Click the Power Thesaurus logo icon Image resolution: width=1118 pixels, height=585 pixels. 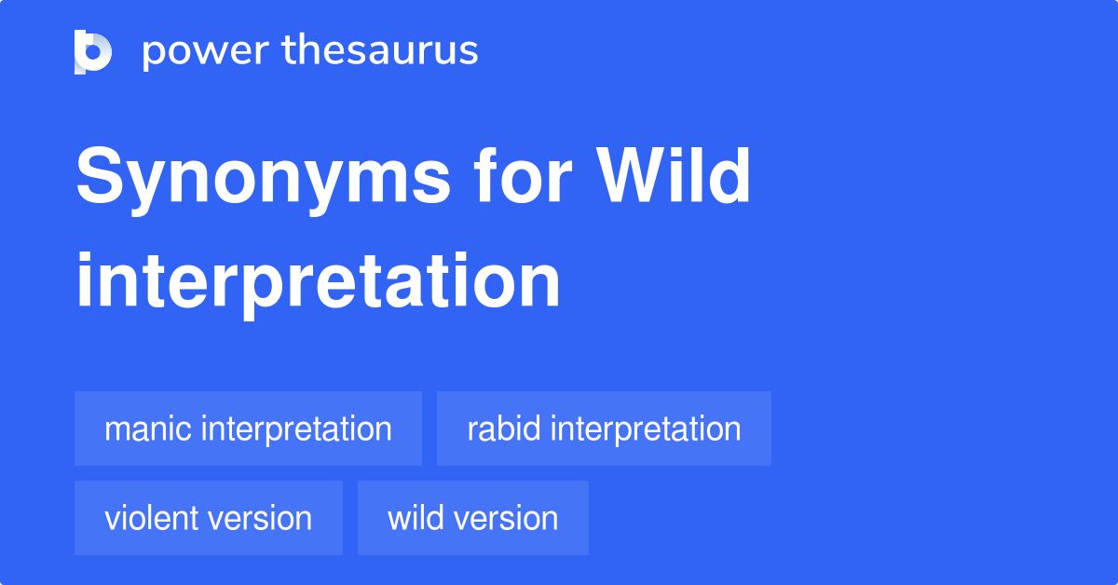point(93,51)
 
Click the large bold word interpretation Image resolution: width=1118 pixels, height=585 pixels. point(318,281)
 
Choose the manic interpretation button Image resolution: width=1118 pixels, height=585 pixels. point(248,429)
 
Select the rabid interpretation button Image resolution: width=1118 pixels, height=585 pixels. point(604,429)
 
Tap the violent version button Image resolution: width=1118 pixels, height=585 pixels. point(208,518)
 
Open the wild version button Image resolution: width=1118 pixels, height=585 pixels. point(472,518)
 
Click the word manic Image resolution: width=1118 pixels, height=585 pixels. point(148,429)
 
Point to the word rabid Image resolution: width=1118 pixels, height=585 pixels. point(504,429)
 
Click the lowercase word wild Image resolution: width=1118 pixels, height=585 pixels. point(411,518)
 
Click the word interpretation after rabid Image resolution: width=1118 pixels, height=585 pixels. point(646,429)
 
